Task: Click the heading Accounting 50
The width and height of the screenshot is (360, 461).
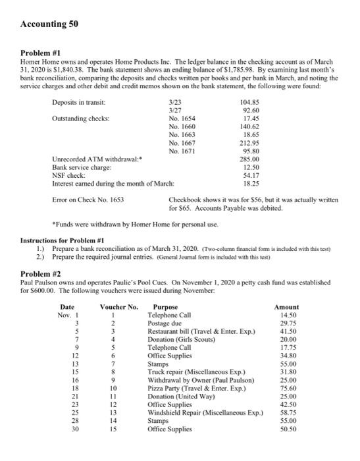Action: click(49, 24)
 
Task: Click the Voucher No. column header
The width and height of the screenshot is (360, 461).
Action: click(119, 306)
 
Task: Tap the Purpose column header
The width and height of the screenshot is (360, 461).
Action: click(165, 306)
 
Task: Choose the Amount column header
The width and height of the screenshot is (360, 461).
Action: click(286, 306)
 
